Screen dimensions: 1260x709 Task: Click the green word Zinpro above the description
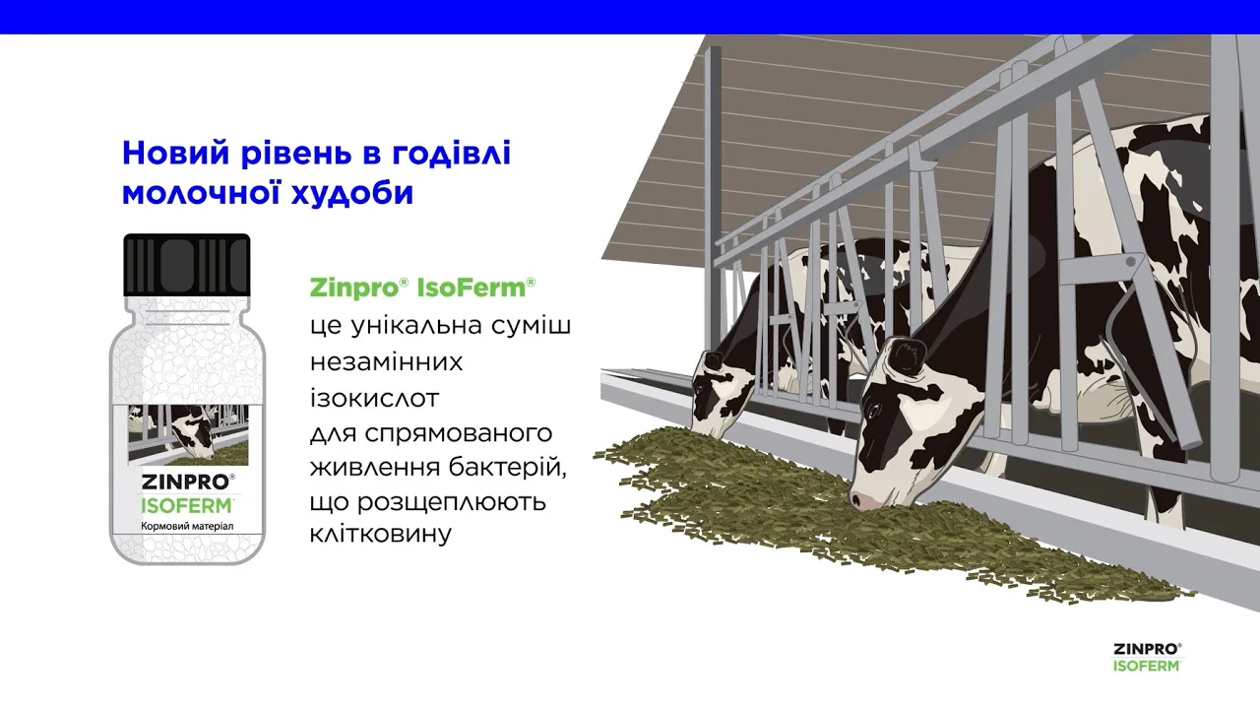tap(354, 289)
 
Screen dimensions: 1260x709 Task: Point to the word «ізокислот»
tap(374, 398)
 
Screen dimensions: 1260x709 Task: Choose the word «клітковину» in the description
tap(381, 533)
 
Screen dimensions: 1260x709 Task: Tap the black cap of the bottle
tap(187, 265)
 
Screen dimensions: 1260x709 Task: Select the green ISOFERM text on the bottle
tap(186, 505)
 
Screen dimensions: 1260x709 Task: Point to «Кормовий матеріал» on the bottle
tap(187, 527)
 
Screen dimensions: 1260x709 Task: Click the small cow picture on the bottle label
tap(188, 434)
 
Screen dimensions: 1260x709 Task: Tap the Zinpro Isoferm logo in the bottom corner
tap(1148, 657)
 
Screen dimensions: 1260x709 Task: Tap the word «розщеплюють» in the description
tap(451, 502)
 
